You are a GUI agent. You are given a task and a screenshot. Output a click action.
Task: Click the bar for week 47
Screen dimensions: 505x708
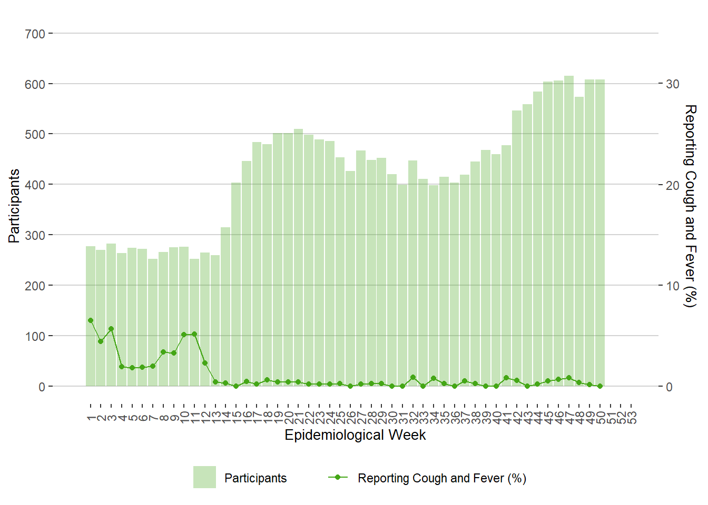(569, 231)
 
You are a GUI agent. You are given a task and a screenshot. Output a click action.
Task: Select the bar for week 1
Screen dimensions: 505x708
(91, 316)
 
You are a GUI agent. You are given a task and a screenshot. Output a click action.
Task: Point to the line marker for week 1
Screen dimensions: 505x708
(91, 320)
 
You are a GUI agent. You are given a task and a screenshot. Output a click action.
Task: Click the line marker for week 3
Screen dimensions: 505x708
(111, 329)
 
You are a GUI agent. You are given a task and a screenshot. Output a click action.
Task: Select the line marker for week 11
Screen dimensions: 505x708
(194, 334)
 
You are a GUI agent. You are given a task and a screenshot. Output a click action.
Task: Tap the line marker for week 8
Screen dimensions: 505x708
(163, 352)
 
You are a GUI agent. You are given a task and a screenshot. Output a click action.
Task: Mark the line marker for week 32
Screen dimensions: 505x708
(413, 378)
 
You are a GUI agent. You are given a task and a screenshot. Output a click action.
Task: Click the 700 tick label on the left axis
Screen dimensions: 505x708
(35, 34)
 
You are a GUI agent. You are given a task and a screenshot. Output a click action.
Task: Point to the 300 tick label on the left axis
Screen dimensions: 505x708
(35, 236)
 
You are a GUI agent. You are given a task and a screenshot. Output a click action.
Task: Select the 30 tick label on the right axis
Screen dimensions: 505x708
(673, 84)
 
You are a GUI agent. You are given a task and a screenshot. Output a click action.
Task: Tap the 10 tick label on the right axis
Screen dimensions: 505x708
(673, 286)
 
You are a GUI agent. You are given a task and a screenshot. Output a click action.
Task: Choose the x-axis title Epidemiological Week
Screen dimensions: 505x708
(355, 435)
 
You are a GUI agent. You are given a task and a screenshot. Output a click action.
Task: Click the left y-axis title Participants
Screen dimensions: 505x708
(14, 206)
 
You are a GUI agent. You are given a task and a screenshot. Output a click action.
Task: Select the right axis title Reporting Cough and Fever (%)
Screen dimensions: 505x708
(690, 206)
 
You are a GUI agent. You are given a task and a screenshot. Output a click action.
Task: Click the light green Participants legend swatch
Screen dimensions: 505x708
(204, 477)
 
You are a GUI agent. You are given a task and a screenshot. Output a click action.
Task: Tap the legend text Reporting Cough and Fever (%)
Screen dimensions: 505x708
(441, 478)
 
